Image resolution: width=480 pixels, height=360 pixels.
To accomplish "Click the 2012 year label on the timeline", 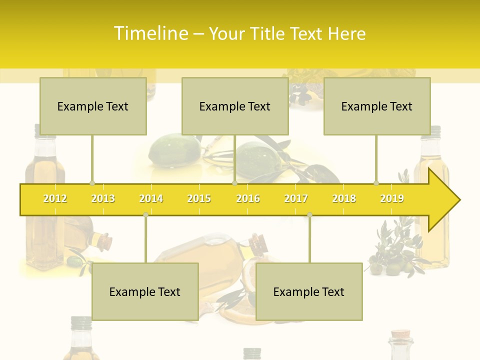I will tap(55, 198).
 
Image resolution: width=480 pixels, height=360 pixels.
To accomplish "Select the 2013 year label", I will tap(103, 198).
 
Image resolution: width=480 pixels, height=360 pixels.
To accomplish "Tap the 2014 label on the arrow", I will tap(151, 198).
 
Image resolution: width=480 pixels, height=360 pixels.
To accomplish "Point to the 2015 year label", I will tap(199, 198).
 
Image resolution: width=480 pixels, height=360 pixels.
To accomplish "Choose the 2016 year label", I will tap(248, 198).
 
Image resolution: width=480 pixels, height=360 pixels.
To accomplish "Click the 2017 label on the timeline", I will tap(296, 198).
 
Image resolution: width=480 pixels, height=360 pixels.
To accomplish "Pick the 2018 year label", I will tap(344, 198).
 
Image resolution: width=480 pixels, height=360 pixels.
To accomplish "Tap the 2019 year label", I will tap(392, 198).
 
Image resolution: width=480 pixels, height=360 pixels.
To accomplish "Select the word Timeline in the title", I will tap(150, 33).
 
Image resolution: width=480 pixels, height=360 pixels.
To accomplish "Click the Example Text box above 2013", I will tap(93, 106).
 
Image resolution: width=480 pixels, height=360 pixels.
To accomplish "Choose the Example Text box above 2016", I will tap(235, 106).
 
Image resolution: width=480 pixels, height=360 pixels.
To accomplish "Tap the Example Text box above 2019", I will tap(377, 106).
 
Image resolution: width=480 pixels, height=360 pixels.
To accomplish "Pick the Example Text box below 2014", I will tap(145, 291).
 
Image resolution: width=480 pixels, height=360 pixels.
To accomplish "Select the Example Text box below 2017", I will tap(309, 291).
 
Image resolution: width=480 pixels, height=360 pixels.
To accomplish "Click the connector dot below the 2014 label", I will tap(145, 214).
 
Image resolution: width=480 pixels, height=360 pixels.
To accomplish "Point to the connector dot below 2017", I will tap(309, 214).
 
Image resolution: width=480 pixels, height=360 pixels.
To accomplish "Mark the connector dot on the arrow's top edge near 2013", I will tap(92, 183).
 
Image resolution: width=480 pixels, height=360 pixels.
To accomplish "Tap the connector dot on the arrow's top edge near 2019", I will tap(376, 183).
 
